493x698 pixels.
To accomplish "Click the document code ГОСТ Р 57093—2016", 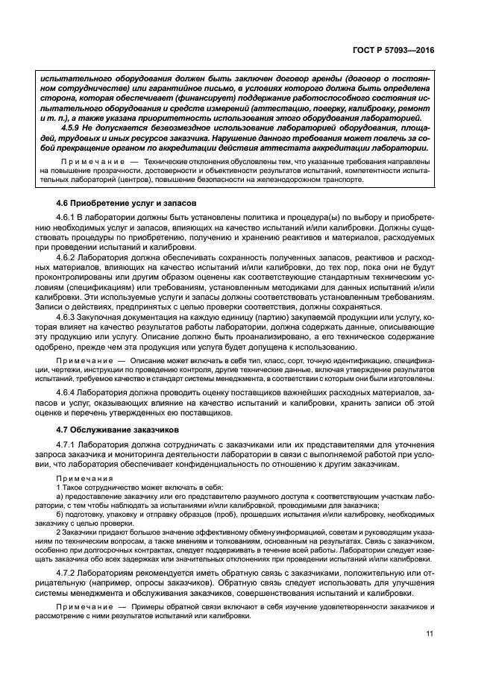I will coord(392,49).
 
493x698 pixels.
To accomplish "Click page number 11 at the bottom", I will coord(429,635).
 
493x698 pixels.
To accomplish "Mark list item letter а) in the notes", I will coord(61,497).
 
